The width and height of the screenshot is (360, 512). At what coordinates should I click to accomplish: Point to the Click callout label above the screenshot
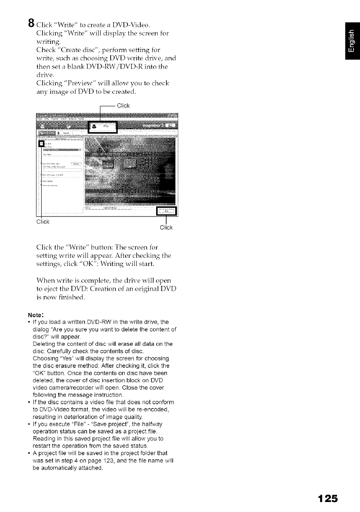click(123, 105)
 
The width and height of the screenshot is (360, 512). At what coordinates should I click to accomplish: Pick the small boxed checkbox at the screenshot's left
click(42, 143)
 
